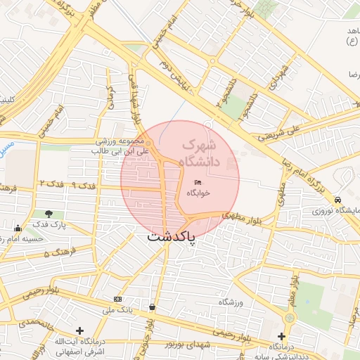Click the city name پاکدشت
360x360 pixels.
(x=172, y=238)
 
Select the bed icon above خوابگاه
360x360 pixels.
(x=198, y=183)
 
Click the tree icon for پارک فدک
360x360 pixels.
(x=49, y=214)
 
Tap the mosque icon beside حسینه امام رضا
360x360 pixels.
(x=18, y=228)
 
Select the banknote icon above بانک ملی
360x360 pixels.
(x=117, y=300)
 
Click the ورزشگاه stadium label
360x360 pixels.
(x=230, y=302)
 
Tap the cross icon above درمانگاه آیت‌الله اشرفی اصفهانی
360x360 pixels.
(x=79, y=330)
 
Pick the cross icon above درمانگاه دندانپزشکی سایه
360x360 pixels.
(x=281, y=336)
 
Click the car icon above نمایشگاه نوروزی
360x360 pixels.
(x=338, y=200)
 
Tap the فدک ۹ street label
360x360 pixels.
(x=83, y=184)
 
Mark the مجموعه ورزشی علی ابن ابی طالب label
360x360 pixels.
(x=122, y=146)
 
